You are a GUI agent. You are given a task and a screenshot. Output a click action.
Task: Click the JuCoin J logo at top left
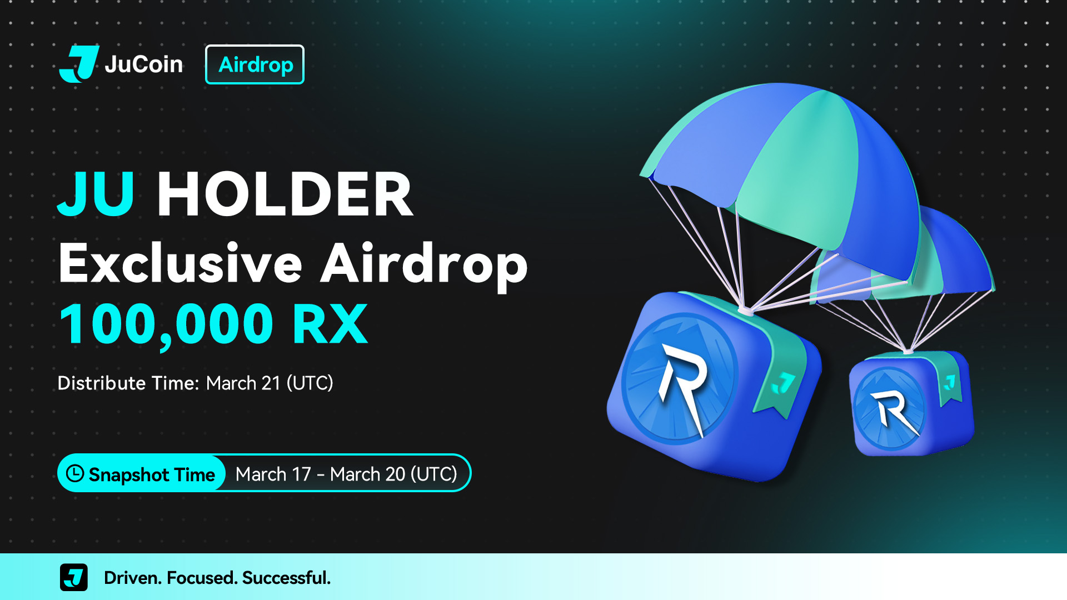[x=79, y=64]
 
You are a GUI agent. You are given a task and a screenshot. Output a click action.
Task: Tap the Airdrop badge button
[x=255, y=64]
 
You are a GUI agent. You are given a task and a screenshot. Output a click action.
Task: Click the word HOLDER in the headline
[x=285, y=194]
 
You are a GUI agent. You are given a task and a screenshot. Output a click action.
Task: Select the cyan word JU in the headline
[x=96, y=194]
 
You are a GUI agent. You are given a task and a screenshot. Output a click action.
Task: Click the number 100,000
[x=166, y=326]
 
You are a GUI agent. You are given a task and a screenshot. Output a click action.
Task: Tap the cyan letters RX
[x=330, y=324]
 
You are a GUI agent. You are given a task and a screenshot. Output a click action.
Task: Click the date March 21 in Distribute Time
[x=243, y=383]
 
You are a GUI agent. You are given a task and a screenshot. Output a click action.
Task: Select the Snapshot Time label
[x=152, y=474]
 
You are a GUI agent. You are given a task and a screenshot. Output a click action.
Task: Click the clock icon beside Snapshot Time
[x=75, y=473]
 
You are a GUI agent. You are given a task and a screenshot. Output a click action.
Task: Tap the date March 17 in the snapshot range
[x=273, y=474]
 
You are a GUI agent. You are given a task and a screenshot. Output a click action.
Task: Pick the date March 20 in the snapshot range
[x=367, y=474]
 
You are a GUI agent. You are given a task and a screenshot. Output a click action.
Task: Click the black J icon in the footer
[x=74, y=577]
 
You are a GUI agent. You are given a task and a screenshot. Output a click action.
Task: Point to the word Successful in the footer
[x=286, y=578]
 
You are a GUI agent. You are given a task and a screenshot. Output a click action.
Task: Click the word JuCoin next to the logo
[x=143, y=64]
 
